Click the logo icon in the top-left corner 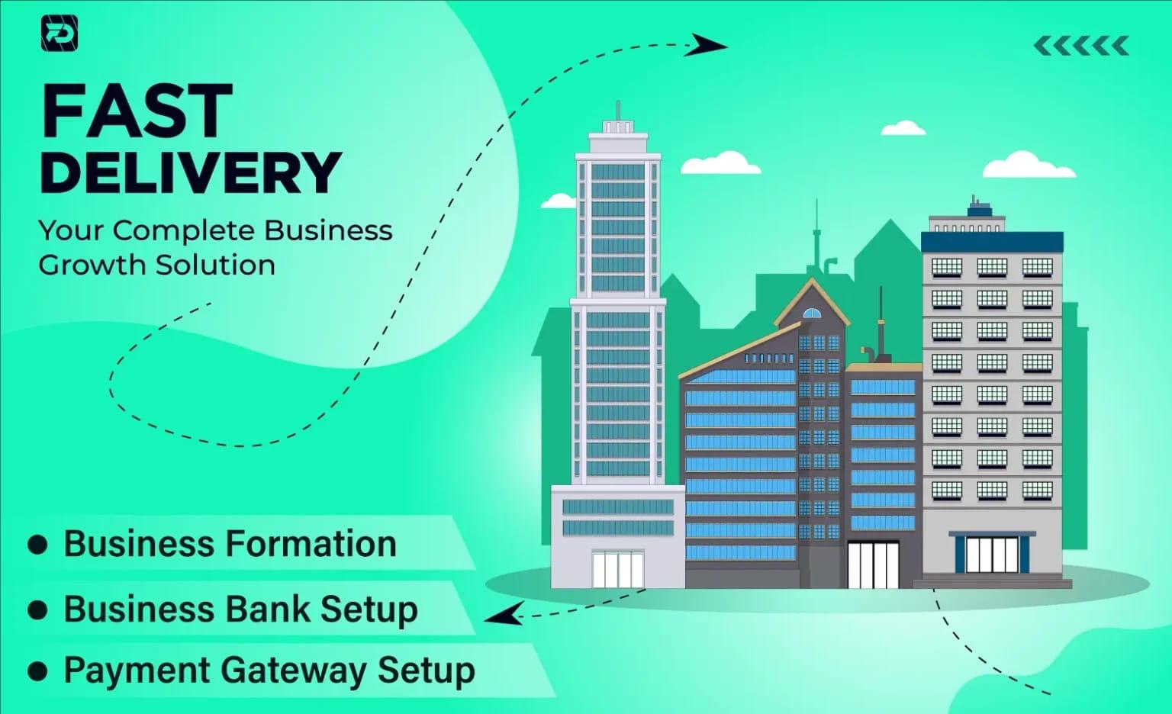pyautogui.click(x=59, y=34)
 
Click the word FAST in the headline pyautogui.click(x=137, y=111)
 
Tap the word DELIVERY pyautogui.click(x=190, y=172)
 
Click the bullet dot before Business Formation pyautogui.click(x=37, y=545)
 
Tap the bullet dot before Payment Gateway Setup pyautogui.click(x=37, y=671)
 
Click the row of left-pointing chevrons pyautogui.click(x=1081, y=47)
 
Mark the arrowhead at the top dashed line pyautogui.click(x=707, y=45)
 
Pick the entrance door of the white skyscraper pyautogui.click(x=617, y=569)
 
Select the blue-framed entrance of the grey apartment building pyautogui.click(x=992, y=554)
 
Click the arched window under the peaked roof pyautogui.click(x=812, y=313)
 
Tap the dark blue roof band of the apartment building pyautogui.click(x=992, y=243)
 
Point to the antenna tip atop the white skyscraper pyautogui.click(x=618, y=104)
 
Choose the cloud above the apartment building pyautogui.click(x=1028, y=165)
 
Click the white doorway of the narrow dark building pyautogui.click(x=873, y=564)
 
